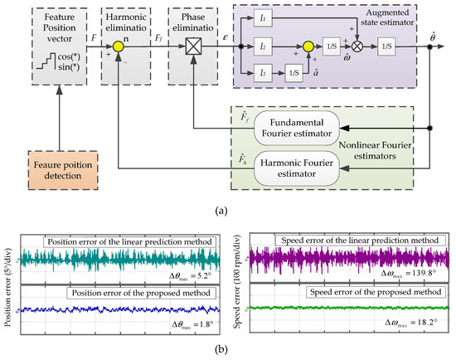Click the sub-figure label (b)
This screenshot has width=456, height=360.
click(x=227, y=351)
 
